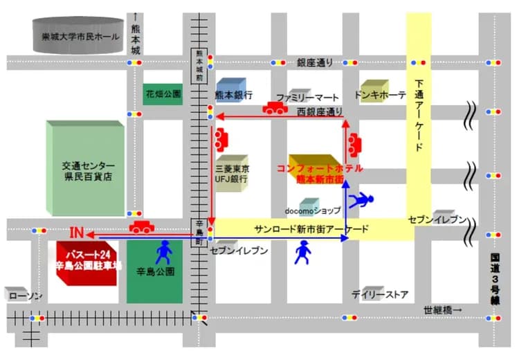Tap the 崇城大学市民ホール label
pos(80,36)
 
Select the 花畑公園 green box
pos(163,93)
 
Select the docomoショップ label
pos(313,209)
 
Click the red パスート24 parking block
pos(88,261)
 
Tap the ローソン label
pos(25,295)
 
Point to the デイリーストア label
pos(379,294)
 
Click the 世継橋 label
pos(443,309)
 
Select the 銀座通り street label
pos(316,62)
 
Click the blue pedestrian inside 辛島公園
pos(165,251)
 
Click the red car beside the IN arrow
pos(141,226)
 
